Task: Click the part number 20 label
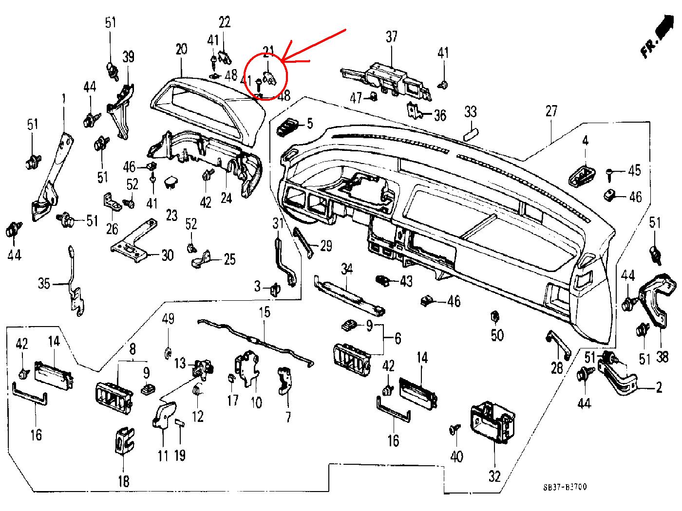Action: pos(181,49)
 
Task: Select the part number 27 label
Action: pos(551,111)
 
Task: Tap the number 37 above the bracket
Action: pos(392,36)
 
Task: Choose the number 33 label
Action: pos(470,112)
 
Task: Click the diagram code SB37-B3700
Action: pos(565,487)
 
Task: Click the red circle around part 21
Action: pos(266,75)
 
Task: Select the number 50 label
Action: pos(497,335)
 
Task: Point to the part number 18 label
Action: pos(124,481)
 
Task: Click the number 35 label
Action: pos(44,283)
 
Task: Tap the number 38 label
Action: pos(662,357)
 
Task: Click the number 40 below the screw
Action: pos(456,456)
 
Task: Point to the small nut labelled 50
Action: pos(494,317)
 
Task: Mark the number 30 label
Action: pos(167,255)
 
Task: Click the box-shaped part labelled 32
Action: pos(492,421)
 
